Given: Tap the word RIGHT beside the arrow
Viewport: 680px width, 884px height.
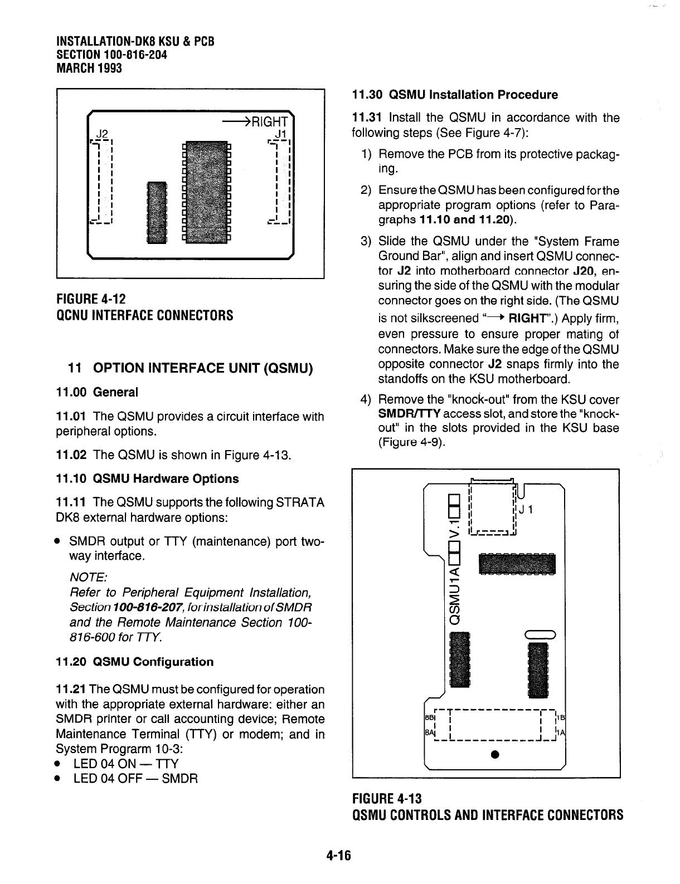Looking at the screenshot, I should point(270,122).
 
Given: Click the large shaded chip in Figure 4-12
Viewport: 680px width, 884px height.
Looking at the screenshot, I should point(206,192).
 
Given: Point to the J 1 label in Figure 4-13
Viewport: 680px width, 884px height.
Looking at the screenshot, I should point(527,509).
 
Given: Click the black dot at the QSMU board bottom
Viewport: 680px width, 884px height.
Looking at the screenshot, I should point(494,755).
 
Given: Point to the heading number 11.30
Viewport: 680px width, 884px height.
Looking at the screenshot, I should point(367,95).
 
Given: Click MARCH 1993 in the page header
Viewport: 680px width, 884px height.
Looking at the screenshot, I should point(89,68).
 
